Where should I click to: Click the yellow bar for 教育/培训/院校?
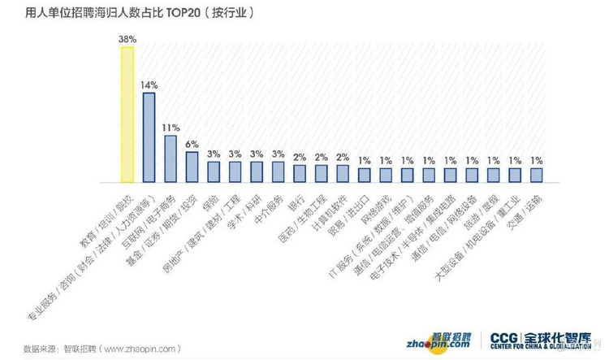(127, 113)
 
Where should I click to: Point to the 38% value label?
(127, 38)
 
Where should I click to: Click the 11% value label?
(171, 128)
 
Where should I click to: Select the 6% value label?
(192, 144)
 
